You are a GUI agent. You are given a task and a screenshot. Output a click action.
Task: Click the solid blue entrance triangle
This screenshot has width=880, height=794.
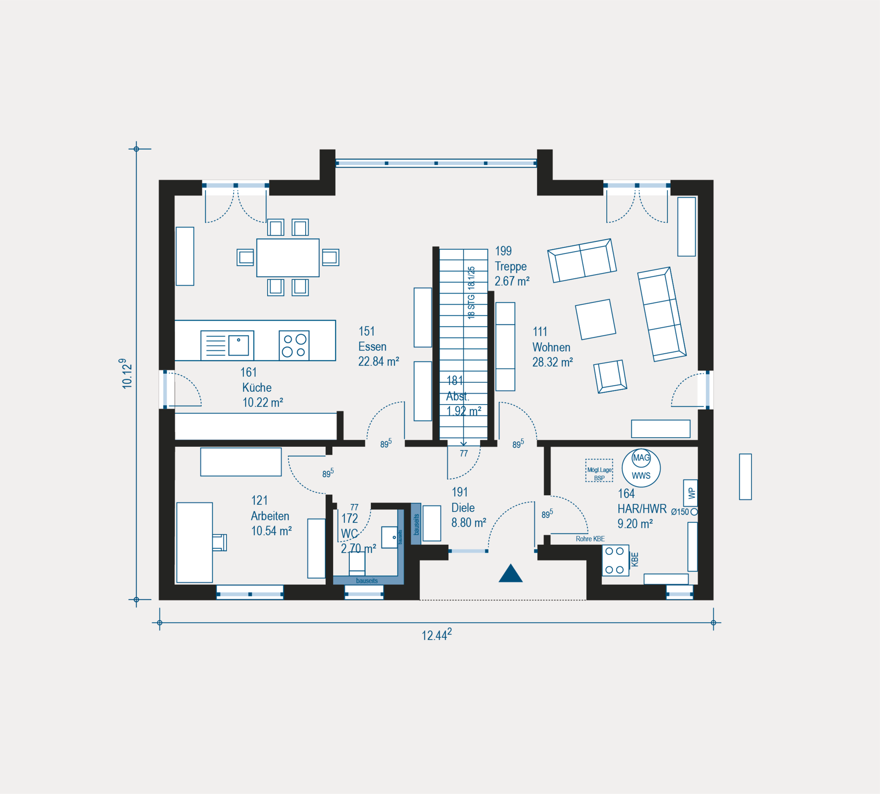pos(511,574)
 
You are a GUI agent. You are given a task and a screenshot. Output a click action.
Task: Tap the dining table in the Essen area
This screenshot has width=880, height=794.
pos(288,257)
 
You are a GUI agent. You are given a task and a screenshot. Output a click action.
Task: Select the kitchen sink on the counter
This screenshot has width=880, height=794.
pos(227,345)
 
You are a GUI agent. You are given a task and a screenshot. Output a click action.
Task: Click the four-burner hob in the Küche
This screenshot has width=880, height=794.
pos(294,345)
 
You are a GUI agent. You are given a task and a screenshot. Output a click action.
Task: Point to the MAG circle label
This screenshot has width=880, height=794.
pos(641,458)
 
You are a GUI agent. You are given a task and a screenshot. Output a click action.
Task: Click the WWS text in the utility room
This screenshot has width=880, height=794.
pos(641,476)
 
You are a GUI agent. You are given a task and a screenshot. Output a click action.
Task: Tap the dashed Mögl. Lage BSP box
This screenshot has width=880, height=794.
pos(599,471)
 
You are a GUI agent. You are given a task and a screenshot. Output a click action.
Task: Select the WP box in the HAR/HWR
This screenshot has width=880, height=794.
pos(691,493)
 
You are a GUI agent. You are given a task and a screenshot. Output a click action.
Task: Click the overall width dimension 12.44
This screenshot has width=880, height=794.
pos(437,635)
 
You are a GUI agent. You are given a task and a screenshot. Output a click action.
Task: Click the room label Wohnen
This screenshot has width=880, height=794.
pos(551,347)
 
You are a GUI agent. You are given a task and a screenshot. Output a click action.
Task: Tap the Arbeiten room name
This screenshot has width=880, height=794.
pos(270,516)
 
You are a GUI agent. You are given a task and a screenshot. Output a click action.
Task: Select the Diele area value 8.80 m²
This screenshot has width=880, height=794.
pos(469,523)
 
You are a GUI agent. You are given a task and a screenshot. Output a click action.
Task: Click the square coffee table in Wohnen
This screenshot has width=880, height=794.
pos(596,320)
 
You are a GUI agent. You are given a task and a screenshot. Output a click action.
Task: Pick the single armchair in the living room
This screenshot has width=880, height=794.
pos(610,377)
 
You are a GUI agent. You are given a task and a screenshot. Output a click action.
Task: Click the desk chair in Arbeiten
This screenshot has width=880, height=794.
pos(220,542)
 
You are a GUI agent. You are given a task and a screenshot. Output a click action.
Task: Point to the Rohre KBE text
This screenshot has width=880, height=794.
pos(590,539)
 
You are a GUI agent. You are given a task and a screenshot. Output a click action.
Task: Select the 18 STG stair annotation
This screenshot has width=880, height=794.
pos(471,293)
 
